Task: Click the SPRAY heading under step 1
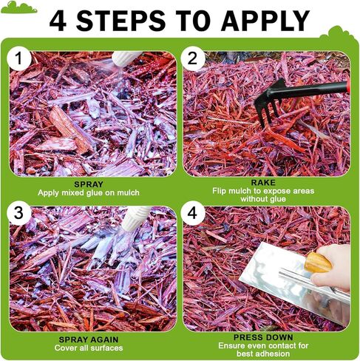[93, 184]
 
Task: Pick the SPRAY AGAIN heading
[93, 339]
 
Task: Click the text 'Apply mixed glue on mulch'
[93, 193]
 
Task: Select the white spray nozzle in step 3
[136, 217]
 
